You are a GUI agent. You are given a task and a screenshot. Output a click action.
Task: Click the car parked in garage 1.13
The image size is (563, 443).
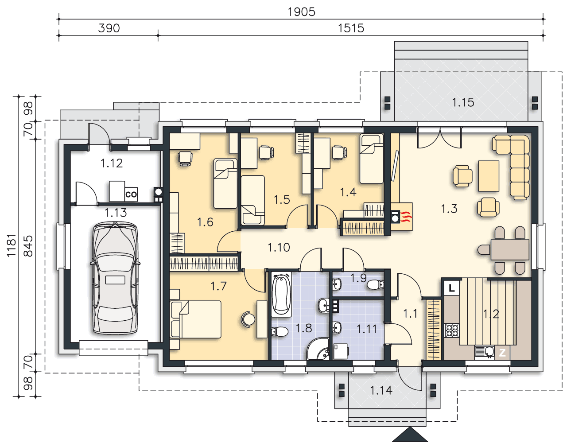[115, 278]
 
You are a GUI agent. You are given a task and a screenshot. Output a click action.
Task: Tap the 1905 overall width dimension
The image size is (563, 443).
[301, 12]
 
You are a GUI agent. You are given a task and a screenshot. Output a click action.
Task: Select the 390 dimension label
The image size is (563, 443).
[109, 28]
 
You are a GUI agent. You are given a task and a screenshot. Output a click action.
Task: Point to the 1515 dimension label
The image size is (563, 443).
[351, 28]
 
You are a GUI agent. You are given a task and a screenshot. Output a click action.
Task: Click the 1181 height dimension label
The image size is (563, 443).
[12, 245]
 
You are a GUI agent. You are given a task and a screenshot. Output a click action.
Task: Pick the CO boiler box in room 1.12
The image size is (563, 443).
[131, 194]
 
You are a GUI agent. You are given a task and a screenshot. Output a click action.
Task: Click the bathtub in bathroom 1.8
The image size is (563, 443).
[281, 295]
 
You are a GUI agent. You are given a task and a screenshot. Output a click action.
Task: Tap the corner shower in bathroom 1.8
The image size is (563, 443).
[318, 349]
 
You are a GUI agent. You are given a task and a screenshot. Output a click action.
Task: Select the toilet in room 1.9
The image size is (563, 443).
[376, 284]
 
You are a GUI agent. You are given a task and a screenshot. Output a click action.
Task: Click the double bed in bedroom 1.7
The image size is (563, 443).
[195, 319]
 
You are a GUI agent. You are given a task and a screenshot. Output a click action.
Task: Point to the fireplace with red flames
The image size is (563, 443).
[402, 217]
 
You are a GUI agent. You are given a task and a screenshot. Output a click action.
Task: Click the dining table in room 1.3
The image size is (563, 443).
[510, 249]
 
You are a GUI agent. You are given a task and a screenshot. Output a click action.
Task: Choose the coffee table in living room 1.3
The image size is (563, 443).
[489, 176]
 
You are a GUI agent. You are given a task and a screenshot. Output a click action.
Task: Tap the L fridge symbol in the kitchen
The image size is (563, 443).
[451, 288]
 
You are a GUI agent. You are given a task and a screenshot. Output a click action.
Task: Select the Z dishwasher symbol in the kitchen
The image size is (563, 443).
[502, 353]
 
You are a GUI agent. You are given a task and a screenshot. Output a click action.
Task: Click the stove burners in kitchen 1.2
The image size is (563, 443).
[452, 330]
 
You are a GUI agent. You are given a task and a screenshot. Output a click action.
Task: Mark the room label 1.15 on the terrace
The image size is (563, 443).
[463, 103]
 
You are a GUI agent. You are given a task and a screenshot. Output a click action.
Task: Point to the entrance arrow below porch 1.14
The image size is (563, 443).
[410, 435]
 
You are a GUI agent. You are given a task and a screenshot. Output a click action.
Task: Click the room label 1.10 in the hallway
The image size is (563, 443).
[279, 248]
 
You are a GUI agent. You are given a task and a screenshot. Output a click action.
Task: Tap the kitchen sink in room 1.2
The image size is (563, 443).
[485, 353]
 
